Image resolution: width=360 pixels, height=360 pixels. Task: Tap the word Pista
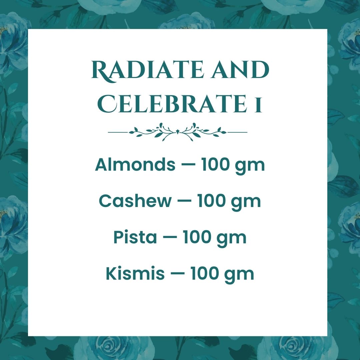click(135, 237)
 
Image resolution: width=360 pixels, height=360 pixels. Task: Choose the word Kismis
click(135, 273)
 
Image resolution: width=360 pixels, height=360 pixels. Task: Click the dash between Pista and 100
click(170, 237)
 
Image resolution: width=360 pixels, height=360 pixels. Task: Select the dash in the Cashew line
click(185, 201)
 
